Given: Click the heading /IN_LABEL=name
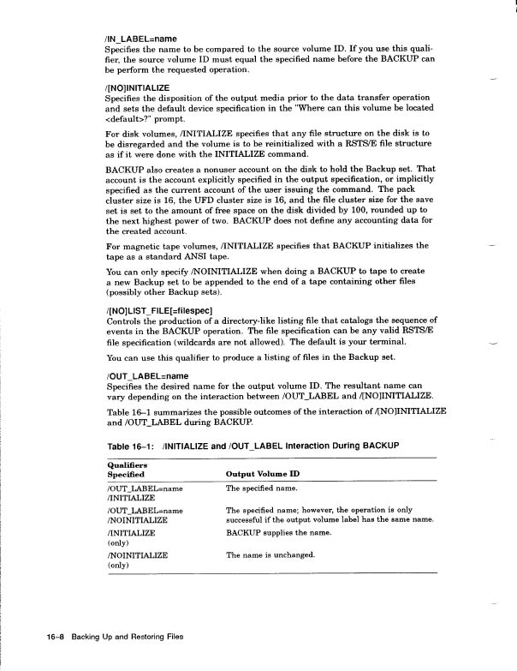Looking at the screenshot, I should (141, 38).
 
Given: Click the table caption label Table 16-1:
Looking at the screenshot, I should (131, 446).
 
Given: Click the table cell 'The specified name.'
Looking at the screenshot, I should (262, 488).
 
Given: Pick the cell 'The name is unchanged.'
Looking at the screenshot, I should (270, 555).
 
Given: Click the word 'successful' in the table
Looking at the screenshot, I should (245, 519).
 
